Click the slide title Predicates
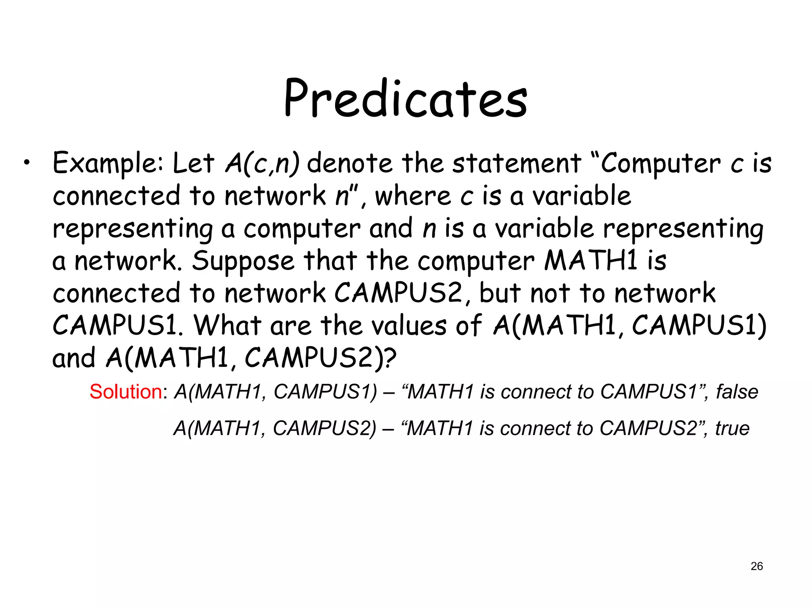point(405,98)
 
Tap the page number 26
point(756,566)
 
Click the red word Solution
point(126,392)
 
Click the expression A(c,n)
point(262,163)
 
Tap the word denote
point(349,163)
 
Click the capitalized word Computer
point(661,163)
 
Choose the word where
point(412,196)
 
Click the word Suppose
point(243,262)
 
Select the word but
point(500,293)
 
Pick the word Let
point(193,163)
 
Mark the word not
point(550,293)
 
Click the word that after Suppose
point(330,261)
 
